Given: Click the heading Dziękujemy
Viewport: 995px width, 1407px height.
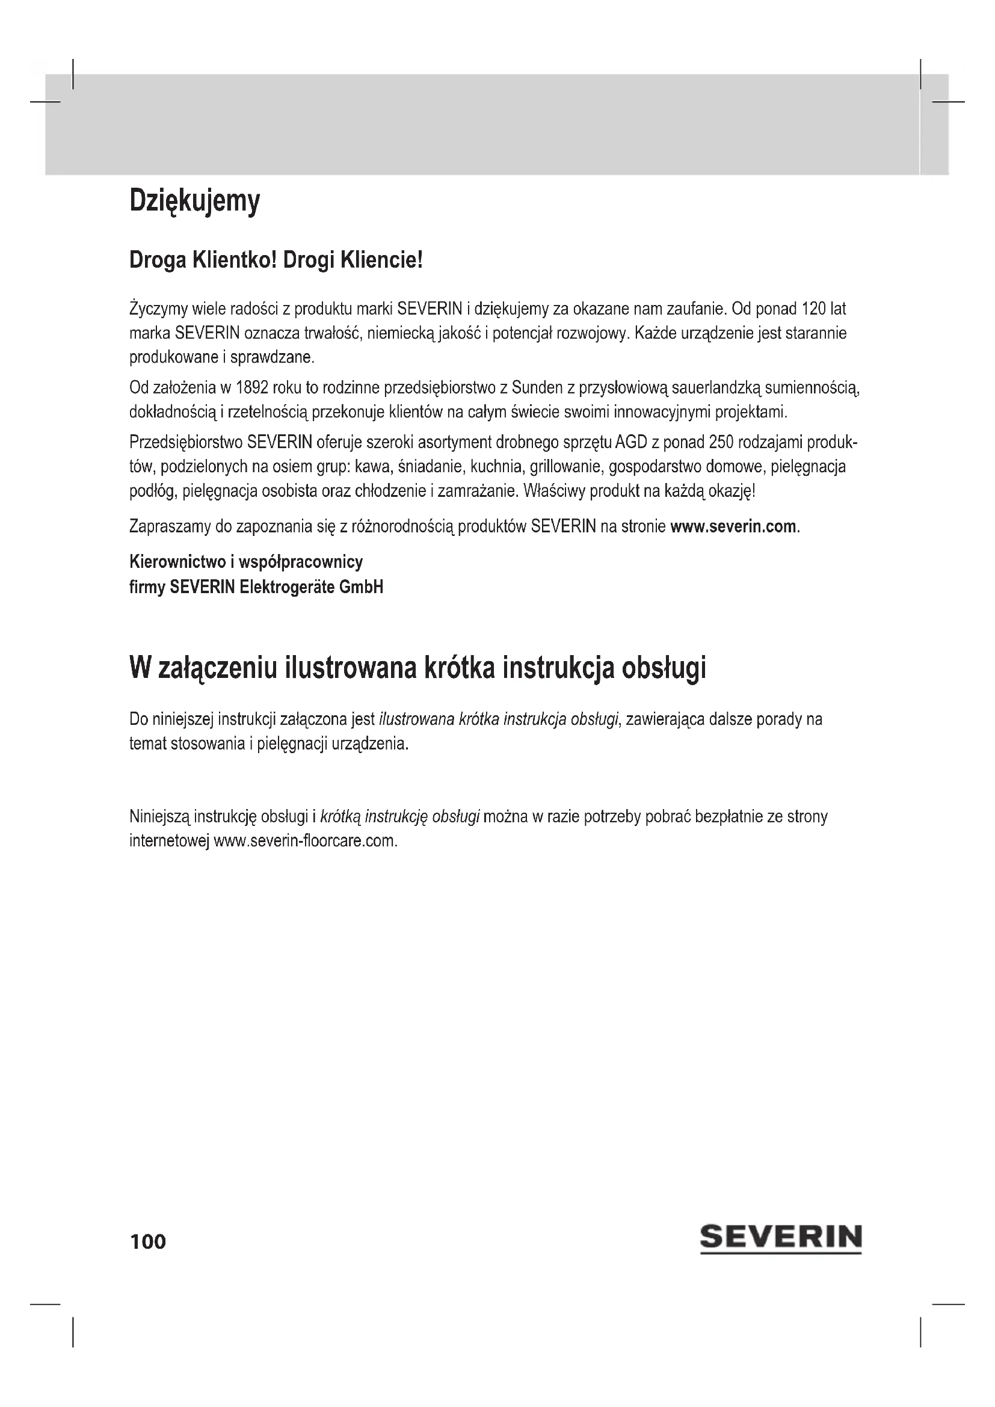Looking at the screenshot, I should tap(194, 202).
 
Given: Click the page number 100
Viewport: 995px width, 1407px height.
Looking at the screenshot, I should tap(147, 1242).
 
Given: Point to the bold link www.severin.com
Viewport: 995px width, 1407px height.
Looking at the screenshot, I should tap(733, 526).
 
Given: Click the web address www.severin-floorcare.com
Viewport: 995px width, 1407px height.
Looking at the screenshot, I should tap(305, 840).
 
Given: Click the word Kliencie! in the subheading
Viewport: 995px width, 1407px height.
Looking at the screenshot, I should tap(381, 260).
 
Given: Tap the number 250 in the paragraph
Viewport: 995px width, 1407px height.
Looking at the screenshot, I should tap(721, 442).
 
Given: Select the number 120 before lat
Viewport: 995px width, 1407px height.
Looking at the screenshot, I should tap(814, 308).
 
